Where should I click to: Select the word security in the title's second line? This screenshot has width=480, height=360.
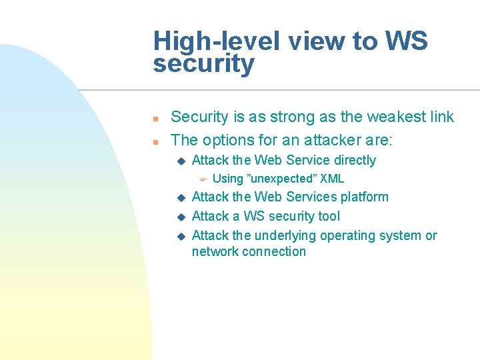pos(203,65)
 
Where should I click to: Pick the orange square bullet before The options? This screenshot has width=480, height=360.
pos(155,141)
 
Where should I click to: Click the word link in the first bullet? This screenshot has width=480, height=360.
pos(441,117)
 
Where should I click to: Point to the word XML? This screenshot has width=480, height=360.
pos(332,179)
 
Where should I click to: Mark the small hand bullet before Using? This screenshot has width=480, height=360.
pos(204,179)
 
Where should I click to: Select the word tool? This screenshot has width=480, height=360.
pos(329,216)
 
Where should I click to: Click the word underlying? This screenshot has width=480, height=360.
pos(285,235)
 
